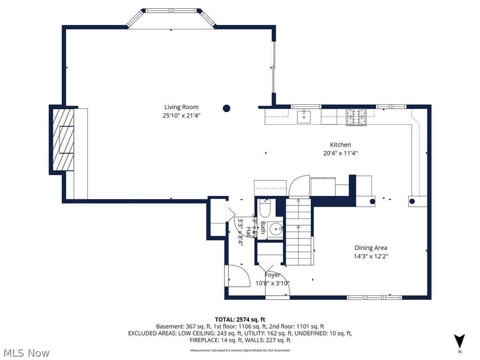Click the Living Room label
tap(181, 107)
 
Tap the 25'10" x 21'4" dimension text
tap(181, 115)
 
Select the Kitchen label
tap(340, 145)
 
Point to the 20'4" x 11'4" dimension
tap(340, 153)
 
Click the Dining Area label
tap(370, 248)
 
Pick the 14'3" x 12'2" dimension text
tap(370, 256)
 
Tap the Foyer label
tap(272, 275)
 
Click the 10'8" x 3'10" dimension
tap(272, 283)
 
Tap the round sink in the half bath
tap(275, 230)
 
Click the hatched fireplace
tap(63, 140)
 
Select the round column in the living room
tap(226, 108)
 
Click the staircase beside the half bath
tap(299, 232)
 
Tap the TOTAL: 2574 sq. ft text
tap(240, 318)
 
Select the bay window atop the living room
tap(171, 19)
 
